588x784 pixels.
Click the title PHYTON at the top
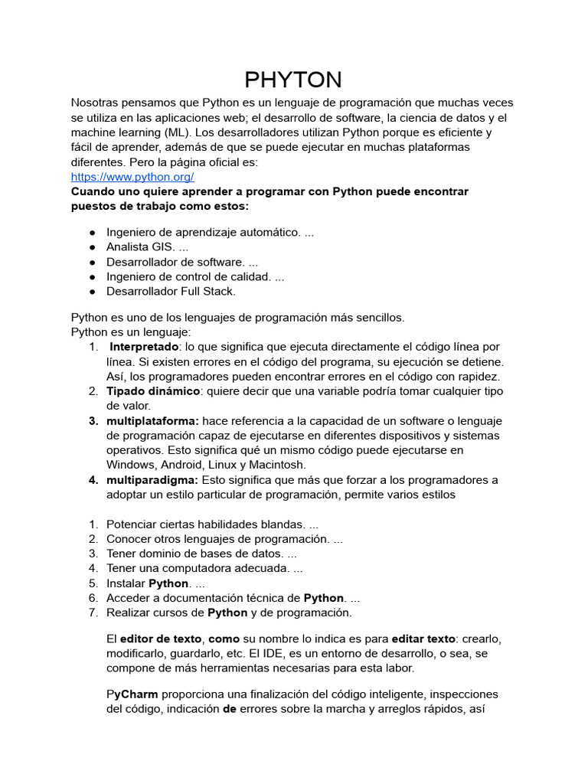point(293,80)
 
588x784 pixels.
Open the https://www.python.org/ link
point(127,176)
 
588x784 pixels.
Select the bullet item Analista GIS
point(147,247)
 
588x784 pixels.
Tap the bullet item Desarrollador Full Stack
point(171,291)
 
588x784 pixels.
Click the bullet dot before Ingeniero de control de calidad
point(92,276)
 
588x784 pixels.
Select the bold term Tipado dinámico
point(153,391)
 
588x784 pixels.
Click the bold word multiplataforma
point(152,421)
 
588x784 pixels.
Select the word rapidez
point(476,377)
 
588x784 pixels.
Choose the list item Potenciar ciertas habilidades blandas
point(212,524)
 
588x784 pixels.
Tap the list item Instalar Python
point(150,583)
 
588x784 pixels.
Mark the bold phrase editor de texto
point(160,639)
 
